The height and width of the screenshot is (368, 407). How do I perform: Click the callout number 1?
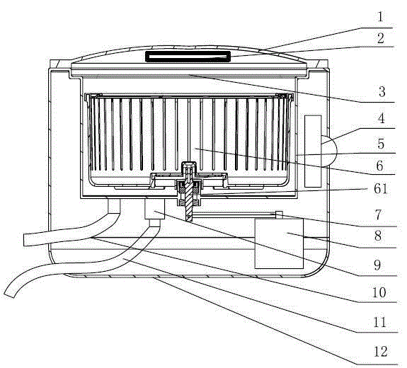click(380, 17)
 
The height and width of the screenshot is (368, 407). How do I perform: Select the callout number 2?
click(381, 38)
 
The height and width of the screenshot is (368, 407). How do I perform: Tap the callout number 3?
click(382, 92)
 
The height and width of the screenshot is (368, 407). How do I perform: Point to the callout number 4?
click(381, 118)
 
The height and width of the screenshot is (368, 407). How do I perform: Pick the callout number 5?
click(381, 144)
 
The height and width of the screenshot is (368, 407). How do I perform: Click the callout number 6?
click(379, 166)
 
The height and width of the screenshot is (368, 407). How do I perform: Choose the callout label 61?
click(381, 189)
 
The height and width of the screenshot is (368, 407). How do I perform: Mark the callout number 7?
click(379, 215)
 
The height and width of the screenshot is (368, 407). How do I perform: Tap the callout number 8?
click(378, 236)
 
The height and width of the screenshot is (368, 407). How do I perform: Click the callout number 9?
click(378, 265)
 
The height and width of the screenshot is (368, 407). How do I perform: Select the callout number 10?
click(379, 292)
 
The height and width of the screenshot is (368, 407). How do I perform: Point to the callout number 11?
click(379, 323)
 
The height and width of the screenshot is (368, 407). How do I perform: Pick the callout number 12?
click(381, 352)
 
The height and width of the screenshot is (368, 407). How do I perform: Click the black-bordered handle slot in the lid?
click(188, 57)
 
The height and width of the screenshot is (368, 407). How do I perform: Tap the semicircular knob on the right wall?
click(329, 151)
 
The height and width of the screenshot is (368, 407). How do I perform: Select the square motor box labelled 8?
click(279, 243)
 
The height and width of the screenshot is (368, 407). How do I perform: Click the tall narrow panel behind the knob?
click(313, 151)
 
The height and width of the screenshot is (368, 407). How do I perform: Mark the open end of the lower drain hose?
click(10, 294)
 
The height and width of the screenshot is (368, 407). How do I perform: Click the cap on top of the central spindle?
click(189, 165)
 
